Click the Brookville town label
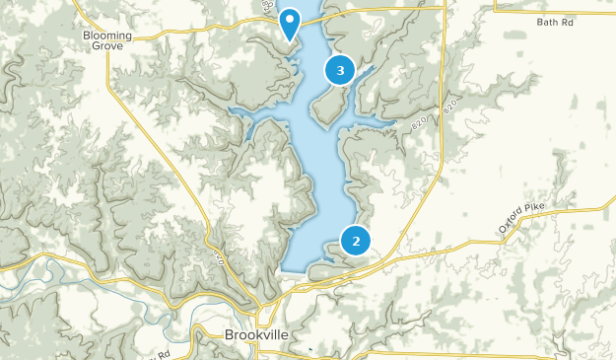(256, 335)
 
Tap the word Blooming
(106, 35)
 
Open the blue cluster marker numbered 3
(340, 70)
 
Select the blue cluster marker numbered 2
(355, 240)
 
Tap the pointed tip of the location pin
(290, 40)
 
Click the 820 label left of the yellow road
(420, 125)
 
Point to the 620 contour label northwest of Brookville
(220, 258)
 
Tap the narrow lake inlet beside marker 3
(365, 73)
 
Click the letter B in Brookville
(229, 335)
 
